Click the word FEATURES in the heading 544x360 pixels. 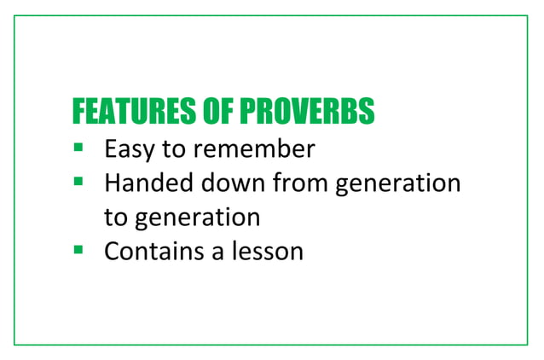click(124, 112)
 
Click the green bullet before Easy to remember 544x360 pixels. click(78, 148)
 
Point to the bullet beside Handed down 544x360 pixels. click(78, 181)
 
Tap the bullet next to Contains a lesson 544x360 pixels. click(78, 250)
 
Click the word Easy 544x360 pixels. click(130, 150)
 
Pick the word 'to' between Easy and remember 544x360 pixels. click(173, 150)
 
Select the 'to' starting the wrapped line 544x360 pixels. click(114, 218)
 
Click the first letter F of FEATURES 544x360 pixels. click(79, 112)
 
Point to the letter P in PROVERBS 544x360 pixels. click(246, 112)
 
